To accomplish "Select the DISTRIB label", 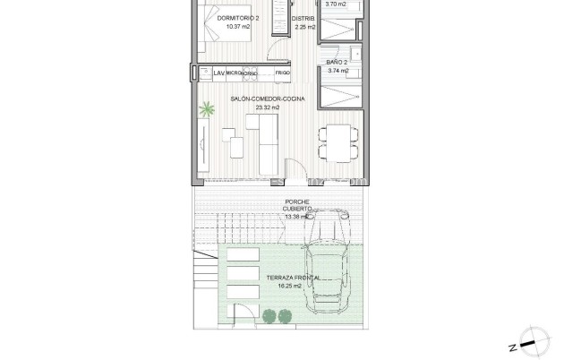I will click(x=305, y=17).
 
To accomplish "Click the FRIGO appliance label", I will click(x=283, y=72).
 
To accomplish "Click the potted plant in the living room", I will click(x=208, y=111).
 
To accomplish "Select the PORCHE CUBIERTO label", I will click(x=296, y=205).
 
